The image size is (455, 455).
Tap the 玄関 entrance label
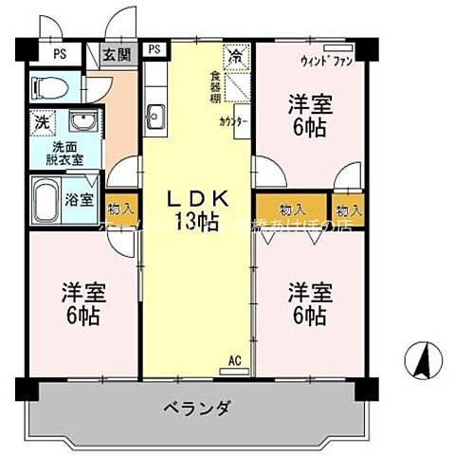[x=118, y=55]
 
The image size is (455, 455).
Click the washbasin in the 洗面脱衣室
[x=82, y=123]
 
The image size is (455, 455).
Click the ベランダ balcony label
[x=197, y=409]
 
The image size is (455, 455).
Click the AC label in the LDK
[x=236, y=360]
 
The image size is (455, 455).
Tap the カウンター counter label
[x=235, y=121]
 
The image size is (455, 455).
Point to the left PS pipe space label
[x=59, y=53]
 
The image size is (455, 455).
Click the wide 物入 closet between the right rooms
[x=292, y=209]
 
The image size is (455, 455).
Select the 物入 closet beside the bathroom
[x=120, y=209]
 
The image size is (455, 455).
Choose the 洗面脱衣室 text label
[x=66, y=154]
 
